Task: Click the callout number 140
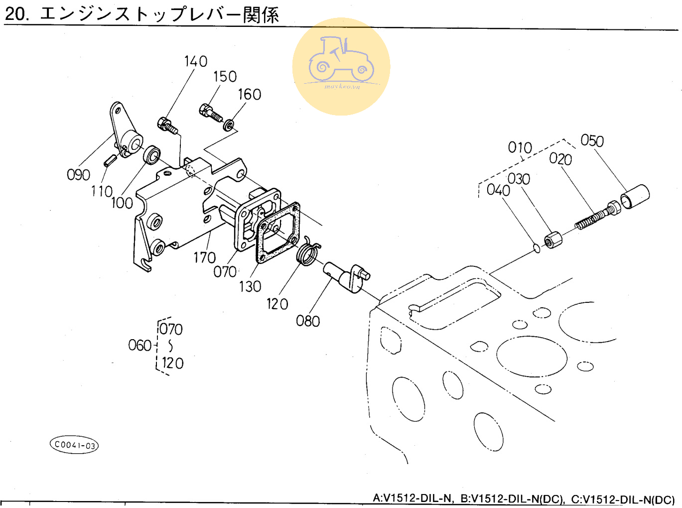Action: (195, 61)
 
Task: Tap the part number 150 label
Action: (225, 77)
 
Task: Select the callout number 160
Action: (249, 94)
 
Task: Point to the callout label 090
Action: (78, 175)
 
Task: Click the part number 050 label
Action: (592, 141)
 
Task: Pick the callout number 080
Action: (307, 321)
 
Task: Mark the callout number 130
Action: (250, 286)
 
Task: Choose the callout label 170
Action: (204, 257)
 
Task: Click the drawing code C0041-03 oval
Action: (74, 445)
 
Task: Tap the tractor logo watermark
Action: (341, 67)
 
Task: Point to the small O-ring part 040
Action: (537, 248)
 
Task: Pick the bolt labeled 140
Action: (168, 125)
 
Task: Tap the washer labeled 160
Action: (229, 125)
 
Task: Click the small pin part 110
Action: (110, 160)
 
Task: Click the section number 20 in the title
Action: (15, 14)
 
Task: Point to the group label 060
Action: (139, 345)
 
